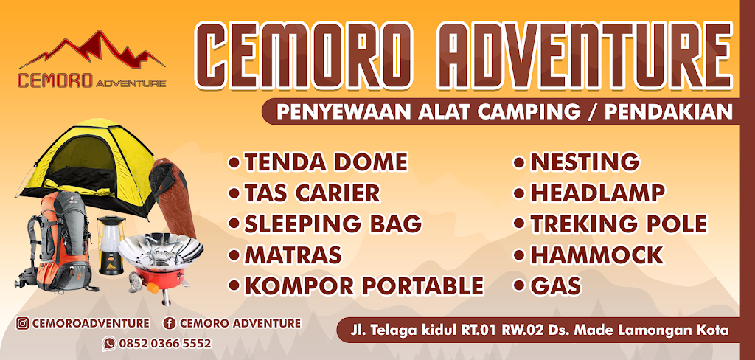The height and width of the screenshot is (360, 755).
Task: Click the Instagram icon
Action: [x=23, y=323]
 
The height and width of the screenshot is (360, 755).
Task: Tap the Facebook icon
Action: [x=170, y=323]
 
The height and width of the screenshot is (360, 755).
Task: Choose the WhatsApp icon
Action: [x=109, y=343]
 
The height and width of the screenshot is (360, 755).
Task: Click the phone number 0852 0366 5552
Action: [x=167, y=343]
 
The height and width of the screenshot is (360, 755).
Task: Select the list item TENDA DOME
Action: [x=325, y=162]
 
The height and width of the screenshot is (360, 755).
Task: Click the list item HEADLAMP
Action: [x=597, y=193]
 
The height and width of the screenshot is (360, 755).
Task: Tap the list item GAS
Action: [x=557, y=285]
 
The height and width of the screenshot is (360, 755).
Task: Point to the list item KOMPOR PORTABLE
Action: [x=363, y=285]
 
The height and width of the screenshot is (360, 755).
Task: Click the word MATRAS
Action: [x=293, y=255]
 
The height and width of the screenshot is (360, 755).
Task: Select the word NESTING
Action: [x=585, y=162]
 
